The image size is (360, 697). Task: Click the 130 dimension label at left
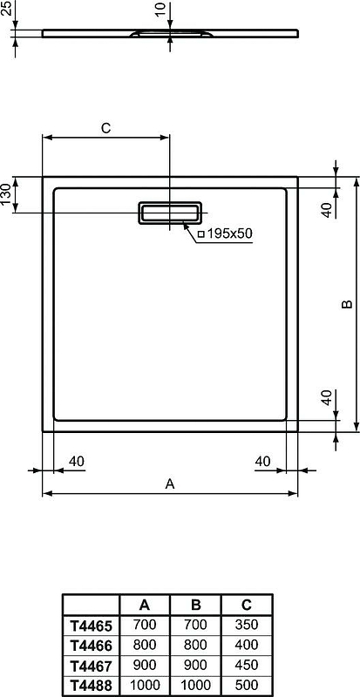pos(7,193)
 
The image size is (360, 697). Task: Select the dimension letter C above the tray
pos(105,128)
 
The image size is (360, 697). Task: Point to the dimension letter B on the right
pos(345,304)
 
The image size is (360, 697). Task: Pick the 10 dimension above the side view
pos(157,10)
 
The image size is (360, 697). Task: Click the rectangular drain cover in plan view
pos(170,213)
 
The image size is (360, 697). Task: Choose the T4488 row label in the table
pos(90,686)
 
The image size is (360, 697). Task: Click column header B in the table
pos(195,604)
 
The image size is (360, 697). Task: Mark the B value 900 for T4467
pos(195,666)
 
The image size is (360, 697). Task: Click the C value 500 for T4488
pos(247,686)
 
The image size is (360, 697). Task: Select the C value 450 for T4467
pos(247,666)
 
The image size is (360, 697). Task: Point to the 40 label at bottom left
pos(76,461)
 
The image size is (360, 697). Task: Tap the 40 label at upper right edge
pos(326,210)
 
